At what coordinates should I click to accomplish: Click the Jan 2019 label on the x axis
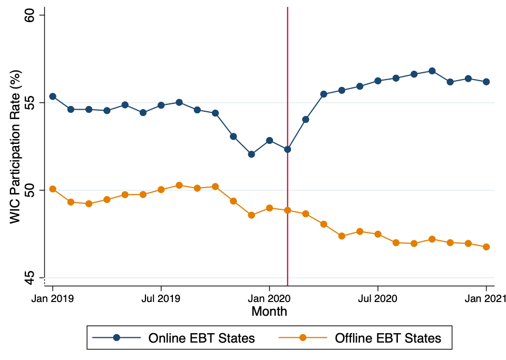52,298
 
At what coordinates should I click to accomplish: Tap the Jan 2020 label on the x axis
269,298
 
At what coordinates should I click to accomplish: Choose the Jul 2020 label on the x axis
378,298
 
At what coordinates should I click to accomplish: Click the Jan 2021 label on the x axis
486,298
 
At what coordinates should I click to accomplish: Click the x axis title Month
269,311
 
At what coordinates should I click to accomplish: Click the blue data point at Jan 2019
53,96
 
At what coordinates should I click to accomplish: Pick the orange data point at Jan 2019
53,189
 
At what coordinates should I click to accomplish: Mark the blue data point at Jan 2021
486,82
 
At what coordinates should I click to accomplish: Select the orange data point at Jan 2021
486,247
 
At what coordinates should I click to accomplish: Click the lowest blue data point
251,154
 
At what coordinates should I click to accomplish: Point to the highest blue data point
432,71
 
